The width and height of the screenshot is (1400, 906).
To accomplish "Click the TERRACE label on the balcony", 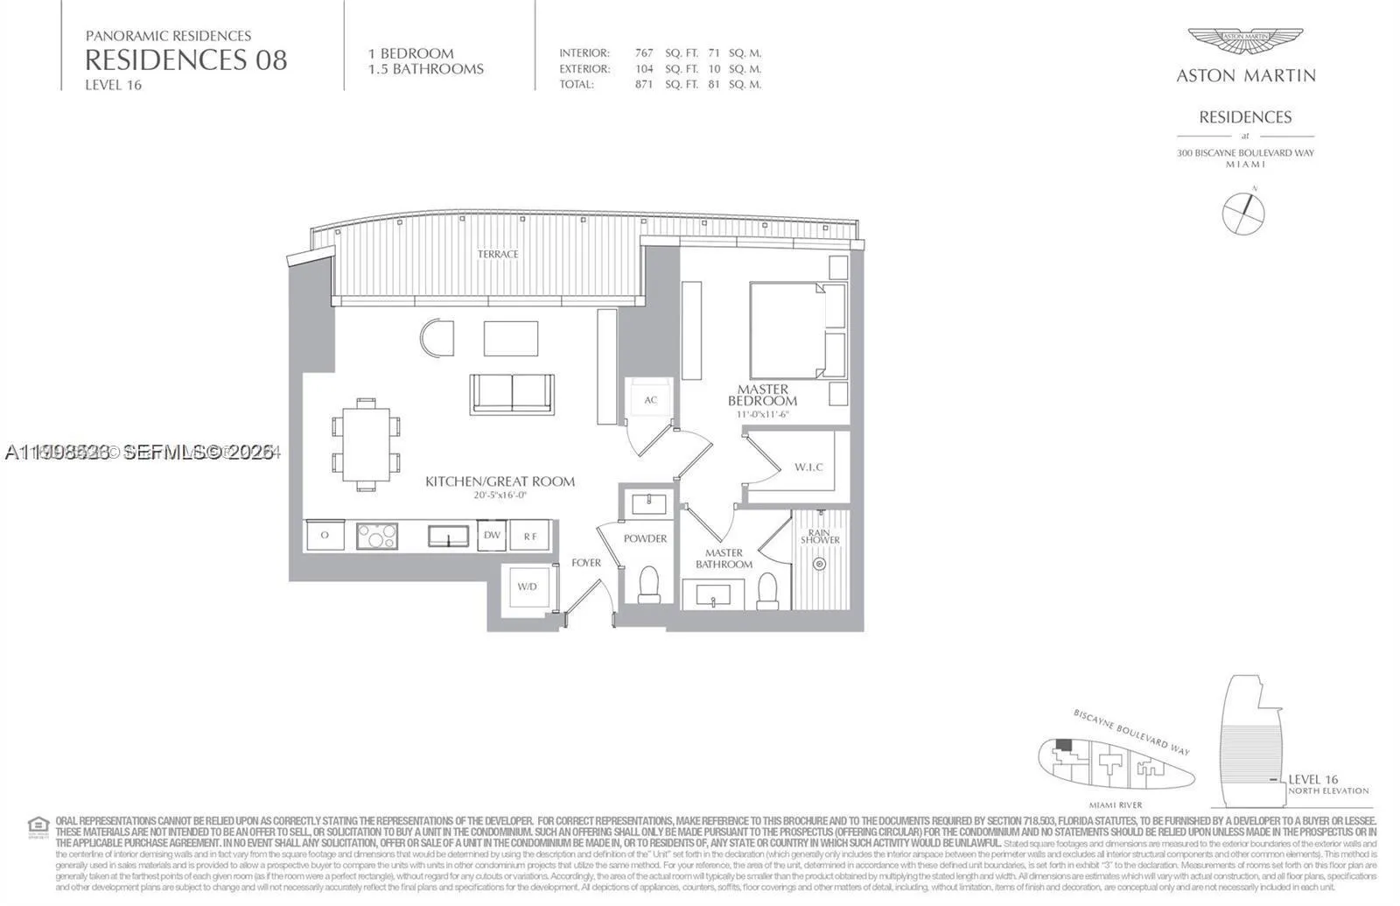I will (498, 254).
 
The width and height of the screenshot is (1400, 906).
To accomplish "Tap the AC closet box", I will (651, 400).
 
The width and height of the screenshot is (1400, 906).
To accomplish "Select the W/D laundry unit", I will (527, 587).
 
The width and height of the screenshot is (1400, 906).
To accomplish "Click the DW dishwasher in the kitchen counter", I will (492, 535).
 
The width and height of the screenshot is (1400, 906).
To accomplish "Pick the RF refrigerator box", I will (530, 536).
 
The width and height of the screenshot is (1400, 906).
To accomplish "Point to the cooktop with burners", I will (377, 536).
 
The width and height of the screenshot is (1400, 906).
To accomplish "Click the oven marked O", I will (325, 535).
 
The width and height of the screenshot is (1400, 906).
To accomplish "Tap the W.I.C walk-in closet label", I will (808, 467).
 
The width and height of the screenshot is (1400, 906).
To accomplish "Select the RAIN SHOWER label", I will (820, 536).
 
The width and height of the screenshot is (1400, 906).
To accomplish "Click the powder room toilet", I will (649, 584).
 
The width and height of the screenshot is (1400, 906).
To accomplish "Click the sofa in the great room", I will (512, 393).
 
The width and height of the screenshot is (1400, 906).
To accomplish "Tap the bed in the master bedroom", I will (787, 330).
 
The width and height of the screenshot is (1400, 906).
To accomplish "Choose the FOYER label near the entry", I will (586, 563).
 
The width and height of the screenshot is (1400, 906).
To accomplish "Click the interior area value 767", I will (644, 53).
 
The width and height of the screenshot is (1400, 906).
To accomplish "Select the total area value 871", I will (644, 85).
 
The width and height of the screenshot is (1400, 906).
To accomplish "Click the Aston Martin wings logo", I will (1245, 42).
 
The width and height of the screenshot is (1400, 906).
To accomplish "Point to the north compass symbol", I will (1243, 212).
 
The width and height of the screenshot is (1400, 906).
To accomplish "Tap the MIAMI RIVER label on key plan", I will (1116, 804).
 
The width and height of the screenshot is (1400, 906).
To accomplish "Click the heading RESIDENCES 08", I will (185, 60).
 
